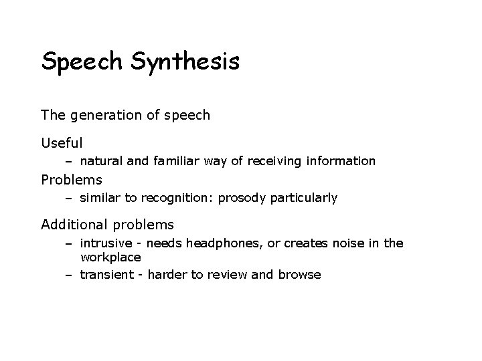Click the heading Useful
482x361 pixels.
point(62,142)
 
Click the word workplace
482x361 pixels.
point(110,257)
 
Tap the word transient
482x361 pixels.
point(106,274)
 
